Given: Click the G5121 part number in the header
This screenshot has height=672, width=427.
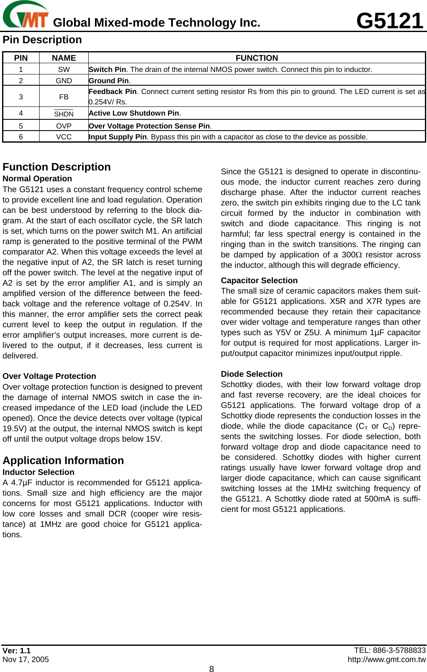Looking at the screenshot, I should tap(390, 21).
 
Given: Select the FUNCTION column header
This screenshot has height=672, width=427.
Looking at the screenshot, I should tap(257, 58).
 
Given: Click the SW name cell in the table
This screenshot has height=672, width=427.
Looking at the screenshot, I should tap(64, 69).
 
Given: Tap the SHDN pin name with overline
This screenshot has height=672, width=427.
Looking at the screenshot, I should tap(64, 114).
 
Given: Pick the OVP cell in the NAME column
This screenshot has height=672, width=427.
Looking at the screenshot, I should tap(64, 126).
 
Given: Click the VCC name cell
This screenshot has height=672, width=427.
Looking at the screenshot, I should tap(64, 137).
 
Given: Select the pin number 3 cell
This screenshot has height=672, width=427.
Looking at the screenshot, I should tap(21, 97).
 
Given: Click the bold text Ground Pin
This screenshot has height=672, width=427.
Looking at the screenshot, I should tap(109, 81).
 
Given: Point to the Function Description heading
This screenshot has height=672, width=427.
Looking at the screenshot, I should tap(57, 167).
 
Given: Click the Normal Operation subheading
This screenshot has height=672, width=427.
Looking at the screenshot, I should tap(37, 179).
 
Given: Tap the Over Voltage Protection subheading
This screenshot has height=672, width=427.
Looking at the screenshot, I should tap(49, 376).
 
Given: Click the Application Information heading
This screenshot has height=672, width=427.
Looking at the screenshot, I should tap(63, 461).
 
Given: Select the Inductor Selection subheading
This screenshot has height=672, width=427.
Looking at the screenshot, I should tap(38, 472).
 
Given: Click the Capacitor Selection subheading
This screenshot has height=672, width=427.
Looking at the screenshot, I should tap(259, 281).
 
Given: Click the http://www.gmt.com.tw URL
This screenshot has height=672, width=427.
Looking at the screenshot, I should tap(387, 660).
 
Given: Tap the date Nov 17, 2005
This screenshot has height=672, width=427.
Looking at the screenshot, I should tap(25, 660).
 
